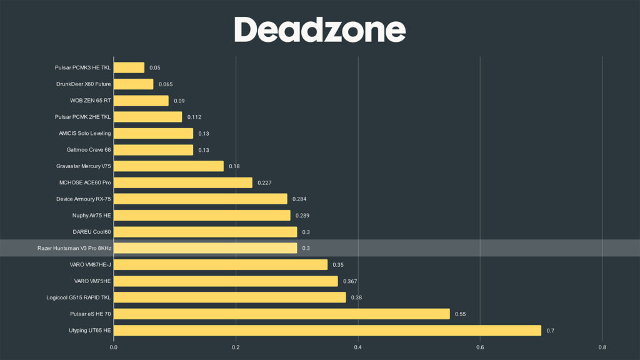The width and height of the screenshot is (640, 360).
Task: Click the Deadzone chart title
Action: tap(320, 29)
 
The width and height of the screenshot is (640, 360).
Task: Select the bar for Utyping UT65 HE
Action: tap(327, 330)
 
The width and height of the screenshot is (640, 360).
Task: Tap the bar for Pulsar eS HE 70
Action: tap(281, 314)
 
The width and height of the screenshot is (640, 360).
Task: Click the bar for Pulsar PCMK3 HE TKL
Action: tap(129, 67)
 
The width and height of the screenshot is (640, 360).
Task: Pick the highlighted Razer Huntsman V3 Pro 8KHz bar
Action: tap(205, 248)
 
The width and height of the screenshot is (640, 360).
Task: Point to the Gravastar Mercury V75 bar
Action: tap(168, 166)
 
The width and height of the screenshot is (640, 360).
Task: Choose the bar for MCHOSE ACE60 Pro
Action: tap(182, 182)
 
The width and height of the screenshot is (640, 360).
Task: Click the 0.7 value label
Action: tap(551, 330)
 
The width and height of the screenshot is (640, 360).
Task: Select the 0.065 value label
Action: tap(166, 84)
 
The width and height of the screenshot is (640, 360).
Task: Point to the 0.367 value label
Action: tap(350, 281)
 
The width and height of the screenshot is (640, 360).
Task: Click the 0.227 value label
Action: tap(264, 182)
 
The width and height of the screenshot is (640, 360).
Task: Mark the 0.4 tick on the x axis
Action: tap(358, 347)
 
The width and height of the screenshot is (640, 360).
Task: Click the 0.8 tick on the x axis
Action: tap(602, 347)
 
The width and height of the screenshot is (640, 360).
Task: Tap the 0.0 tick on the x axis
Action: tap(114, 347)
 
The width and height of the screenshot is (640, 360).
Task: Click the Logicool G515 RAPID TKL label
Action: tap(79, 297)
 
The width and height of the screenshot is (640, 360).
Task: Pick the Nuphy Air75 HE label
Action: tap(91, 216)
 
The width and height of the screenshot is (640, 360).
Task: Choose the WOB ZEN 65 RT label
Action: tap(91, 100)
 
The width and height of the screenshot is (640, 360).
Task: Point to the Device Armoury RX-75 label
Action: tap(83, 199)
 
